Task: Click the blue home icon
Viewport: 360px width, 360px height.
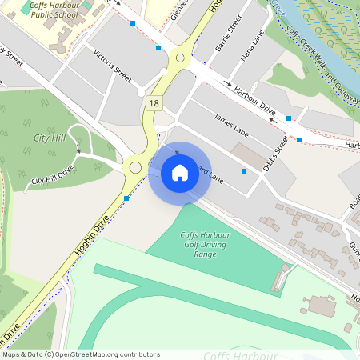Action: pos(179,173)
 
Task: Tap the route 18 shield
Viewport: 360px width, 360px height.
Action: pos(154,102)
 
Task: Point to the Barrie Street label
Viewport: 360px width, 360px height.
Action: pos(228,35)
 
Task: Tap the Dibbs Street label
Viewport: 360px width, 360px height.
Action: pos(282,147)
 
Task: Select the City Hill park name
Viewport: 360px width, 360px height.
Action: pos(49,138)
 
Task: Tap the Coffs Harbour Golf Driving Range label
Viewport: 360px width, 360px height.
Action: pos(198,244)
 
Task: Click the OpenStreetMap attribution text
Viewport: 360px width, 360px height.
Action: pos(81,354)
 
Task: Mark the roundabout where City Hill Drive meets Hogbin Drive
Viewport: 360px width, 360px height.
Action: pos(135,167)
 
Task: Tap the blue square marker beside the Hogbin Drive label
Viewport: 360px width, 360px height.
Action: pos(126,198)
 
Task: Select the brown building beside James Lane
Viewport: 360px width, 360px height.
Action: pos(246,155)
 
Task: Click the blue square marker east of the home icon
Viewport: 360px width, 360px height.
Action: pos(243,171)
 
